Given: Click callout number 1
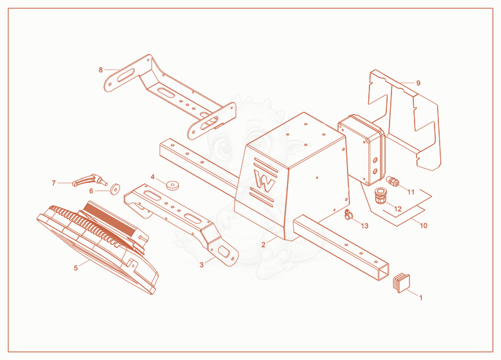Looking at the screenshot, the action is tap(421, 298).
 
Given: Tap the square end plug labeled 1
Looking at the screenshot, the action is tap(401, 282).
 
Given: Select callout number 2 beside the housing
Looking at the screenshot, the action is tap(263, 245).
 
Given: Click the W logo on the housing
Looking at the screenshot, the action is tap(264, 182).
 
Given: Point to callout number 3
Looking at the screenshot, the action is tap(202, 265).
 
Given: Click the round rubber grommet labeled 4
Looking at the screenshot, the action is tap(173, 185).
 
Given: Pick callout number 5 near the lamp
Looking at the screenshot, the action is tap(76, 268).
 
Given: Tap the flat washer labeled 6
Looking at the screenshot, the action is tap(115, 189).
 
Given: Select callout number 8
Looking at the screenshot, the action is tap(101, 69).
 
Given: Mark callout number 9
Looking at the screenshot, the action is tap(418, 83).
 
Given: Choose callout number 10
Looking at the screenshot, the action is tap(423, 225).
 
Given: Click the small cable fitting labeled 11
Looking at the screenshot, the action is tap(393, 181).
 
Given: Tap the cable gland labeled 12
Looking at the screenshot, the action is tap(380, 196).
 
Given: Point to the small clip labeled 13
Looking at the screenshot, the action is tap(348, 215).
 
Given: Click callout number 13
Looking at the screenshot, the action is tap(364, 226).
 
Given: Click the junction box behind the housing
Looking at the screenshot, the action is tap(361, 150).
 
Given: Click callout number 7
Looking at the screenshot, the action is tap(54, 183).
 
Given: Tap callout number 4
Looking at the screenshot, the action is tap(152, 177).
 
